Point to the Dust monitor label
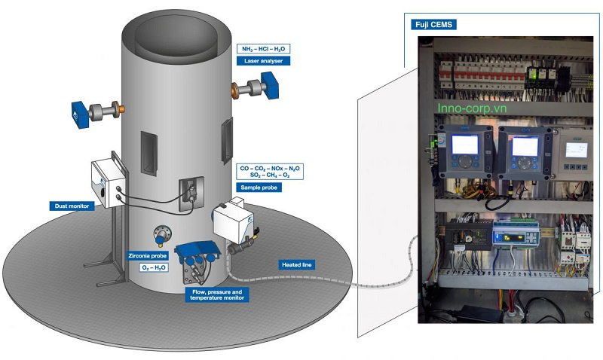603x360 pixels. coord(72,205)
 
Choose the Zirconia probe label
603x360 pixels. coord(148,255)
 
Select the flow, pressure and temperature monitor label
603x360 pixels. coord(215,294)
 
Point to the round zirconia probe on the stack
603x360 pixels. coord(162,235)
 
